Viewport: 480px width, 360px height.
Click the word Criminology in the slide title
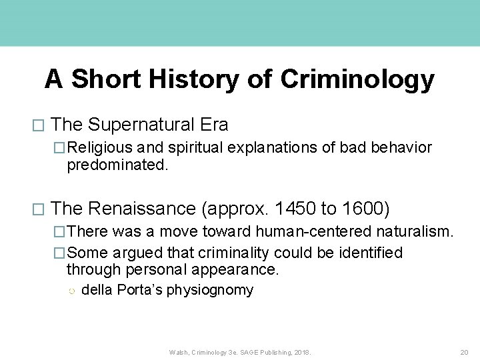(357, 80)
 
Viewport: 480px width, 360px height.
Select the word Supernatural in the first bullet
(143, 125)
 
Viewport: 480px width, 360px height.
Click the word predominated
(117, 164)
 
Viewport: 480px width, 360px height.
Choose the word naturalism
(413, 232)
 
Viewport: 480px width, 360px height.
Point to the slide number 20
(464, 352)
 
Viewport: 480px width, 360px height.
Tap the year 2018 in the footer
(302, 352)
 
